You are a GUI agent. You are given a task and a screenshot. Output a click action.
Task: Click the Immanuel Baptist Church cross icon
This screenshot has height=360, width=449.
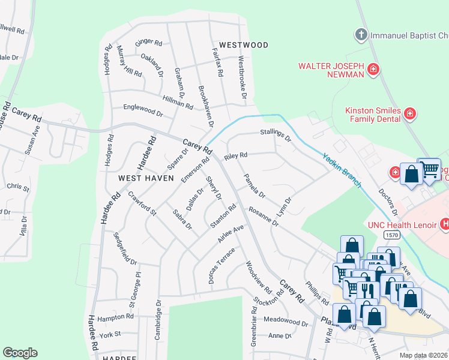(361, 34)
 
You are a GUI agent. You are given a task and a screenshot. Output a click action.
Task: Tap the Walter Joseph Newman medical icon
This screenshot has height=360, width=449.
(373, 70)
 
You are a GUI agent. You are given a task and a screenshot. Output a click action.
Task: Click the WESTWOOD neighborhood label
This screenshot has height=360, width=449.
(243, 45)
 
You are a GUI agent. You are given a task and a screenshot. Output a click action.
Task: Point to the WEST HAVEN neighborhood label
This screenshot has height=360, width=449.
(146, 178)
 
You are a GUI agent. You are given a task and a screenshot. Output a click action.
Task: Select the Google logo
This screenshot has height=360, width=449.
(20, 353)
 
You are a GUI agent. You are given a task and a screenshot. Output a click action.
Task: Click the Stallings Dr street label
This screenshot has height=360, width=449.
(275, 135)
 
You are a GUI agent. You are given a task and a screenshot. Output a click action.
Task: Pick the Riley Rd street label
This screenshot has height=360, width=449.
(235, 156)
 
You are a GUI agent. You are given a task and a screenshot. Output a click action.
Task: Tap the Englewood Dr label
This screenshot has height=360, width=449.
(143, 112)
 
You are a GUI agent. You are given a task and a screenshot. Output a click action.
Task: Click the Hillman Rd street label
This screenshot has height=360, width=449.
(177, 102)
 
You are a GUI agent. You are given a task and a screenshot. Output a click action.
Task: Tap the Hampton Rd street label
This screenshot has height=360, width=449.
(115, 316)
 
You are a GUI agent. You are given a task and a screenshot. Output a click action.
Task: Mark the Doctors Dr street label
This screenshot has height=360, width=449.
(387, 203)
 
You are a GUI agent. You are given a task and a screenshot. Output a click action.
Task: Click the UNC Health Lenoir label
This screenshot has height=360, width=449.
(402, 225)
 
